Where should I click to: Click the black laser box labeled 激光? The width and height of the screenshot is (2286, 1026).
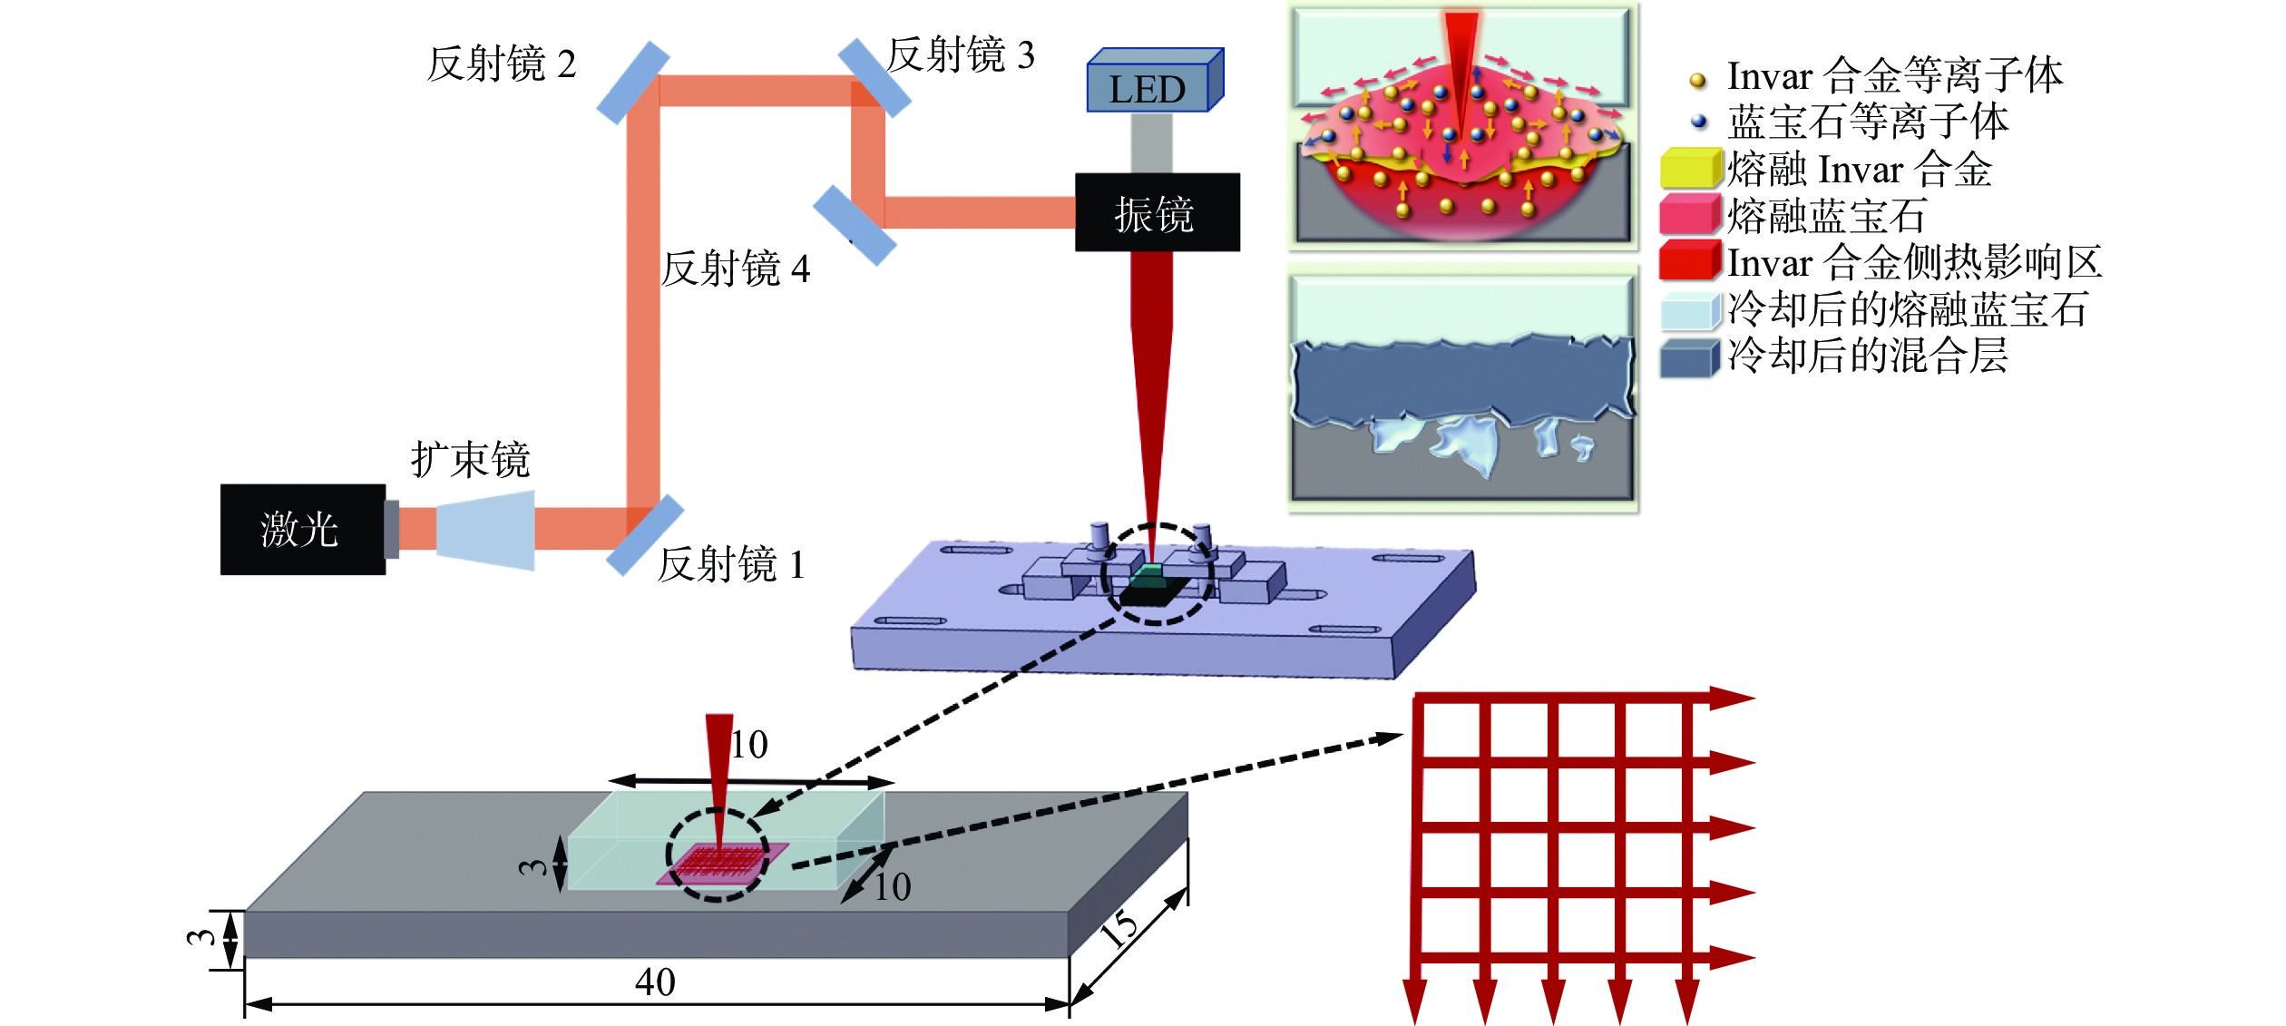pyautogui.click(x=302, y=529)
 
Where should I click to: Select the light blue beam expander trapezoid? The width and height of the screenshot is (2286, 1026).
pyautogui.click(x=485, y=531)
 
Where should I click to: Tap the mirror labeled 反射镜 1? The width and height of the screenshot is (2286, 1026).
pyautogui.click(x=644, y=535)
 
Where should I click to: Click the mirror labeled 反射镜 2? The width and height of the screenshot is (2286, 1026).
pyautogui.click(x=632, y=82)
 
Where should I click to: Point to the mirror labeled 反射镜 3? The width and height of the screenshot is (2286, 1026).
pyautogui.click(x=874, y=78)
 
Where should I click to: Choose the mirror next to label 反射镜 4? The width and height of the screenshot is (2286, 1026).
pyautogui.click(x=855, y=225)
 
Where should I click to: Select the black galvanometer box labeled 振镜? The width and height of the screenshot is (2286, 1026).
pyautogui.click(x=1157, y=212)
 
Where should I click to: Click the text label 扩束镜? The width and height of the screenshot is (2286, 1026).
pyautogui.click(x=470, y=460)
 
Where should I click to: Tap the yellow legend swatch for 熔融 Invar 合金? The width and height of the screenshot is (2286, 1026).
pyautogui.click(x=1690, y=169)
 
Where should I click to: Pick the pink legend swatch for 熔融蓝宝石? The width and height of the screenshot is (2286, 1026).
pyautogui.click(x=1690, y=215)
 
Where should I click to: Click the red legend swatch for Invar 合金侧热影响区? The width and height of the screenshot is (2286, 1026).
pyautogui.click(x=1690, y=261)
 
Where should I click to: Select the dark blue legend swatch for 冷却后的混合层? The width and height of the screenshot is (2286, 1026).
pyautogui.click(x=1690, y=357)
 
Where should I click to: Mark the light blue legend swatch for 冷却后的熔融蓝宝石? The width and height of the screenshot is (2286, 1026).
pyautogui.click(x=1690, y=310)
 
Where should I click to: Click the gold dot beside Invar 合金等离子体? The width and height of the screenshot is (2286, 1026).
pyautogui.click(x=1698, y=81)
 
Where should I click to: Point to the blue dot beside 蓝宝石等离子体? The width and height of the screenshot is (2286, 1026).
pyautogui.click(x=1699, y=120)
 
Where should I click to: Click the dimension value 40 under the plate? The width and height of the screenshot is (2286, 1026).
pyautogui.click(x=654, y=982)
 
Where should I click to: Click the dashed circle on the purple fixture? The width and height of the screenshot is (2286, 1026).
pyautogui.click(x=1157, y=573)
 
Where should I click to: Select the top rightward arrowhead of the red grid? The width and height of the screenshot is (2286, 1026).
pyautogui.click(x=1731, y=698)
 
